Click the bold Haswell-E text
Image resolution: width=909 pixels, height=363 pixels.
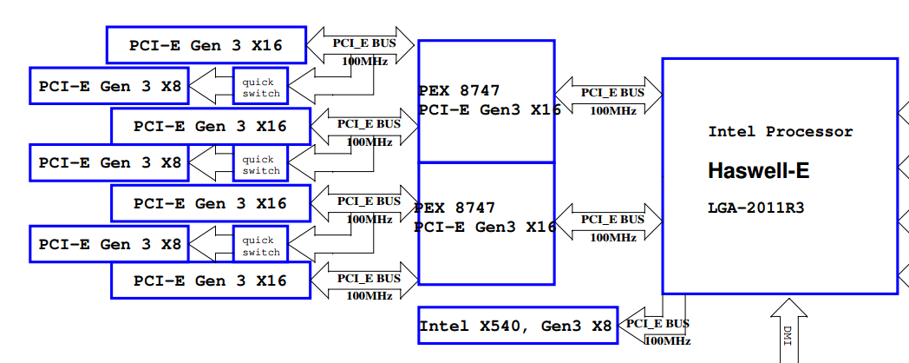(x=759, y=171)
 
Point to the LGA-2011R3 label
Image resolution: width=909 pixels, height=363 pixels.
(x=755, y=208)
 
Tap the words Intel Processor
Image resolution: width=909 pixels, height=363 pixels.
(x=781, y=132)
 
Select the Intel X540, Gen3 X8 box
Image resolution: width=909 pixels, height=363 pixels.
(x=517, y=327)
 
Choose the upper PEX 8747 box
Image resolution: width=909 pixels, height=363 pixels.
(x=486, y=101)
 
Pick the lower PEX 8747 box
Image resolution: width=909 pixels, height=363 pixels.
(x=486, y=222)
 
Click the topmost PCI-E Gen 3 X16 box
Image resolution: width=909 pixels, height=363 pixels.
(x=206, y=44)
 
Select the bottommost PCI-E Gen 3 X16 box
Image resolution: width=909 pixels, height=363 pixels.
(x=210, y=280)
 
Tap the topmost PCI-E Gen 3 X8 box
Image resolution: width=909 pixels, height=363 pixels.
(x=109, y=86)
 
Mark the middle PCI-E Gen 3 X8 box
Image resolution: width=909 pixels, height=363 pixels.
(x=109, y=162)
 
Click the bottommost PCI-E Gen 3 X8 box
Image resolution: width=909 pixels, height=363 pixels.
(x=109, y=244)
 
